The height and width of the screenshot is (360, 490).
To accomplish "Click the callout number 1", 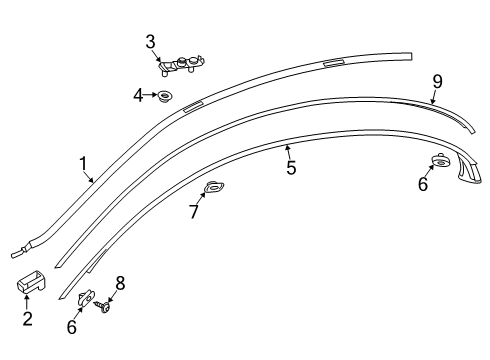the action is click(83, 164).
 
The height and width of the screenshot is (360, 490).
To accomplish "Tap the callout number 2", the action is click(28, 318).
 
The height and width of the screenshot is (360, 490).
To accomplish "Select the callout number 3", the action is click(150, 42).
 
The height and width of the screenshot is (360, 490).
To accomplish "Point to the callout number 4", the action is click(138, 95).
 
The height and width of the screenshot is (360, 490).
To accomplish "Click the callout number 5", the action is click(291, 167).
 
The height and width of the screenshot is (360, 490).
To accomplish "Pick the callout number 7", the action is click(194, 211).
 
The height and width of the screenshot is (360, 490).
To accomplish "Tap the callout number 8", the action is click(120, 283).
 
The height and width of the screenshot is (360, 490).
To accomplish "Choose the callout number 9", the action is click(437, 82).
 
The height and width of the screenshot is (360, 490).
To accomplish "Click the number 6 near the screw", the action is click(72, 327).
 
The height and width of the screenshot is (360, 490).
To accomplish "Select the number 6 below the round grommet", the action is click(423, 184).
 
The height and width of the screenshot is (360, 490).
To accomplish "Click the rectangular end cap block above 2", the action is click(31, 283).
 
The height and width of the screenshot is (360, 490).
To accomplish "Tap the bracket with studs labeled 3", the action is click(181, 65).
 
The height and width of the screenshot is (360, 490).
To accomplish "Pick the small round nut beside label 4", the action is click(164, 96).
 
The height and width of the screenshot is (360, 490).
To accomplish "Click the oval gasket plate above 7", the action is click(214, 187).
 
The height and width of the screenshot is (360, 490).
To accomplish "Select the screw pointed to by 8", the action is click(102, 306).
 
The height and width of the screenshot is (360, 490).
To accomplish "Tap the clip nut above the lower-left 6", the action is click(86, 297).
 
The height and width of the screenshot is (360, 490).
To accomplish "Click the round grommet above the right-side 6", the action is click(440, 160).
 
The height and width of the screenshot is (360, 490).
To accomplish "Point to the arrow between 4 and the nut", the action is click(150, 95).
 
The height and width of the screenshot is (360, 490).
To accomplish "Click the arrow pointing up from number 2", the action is click(26, 302).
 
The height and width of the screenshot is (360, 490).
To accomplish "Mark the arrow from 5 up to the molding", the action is click(288, 152).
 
